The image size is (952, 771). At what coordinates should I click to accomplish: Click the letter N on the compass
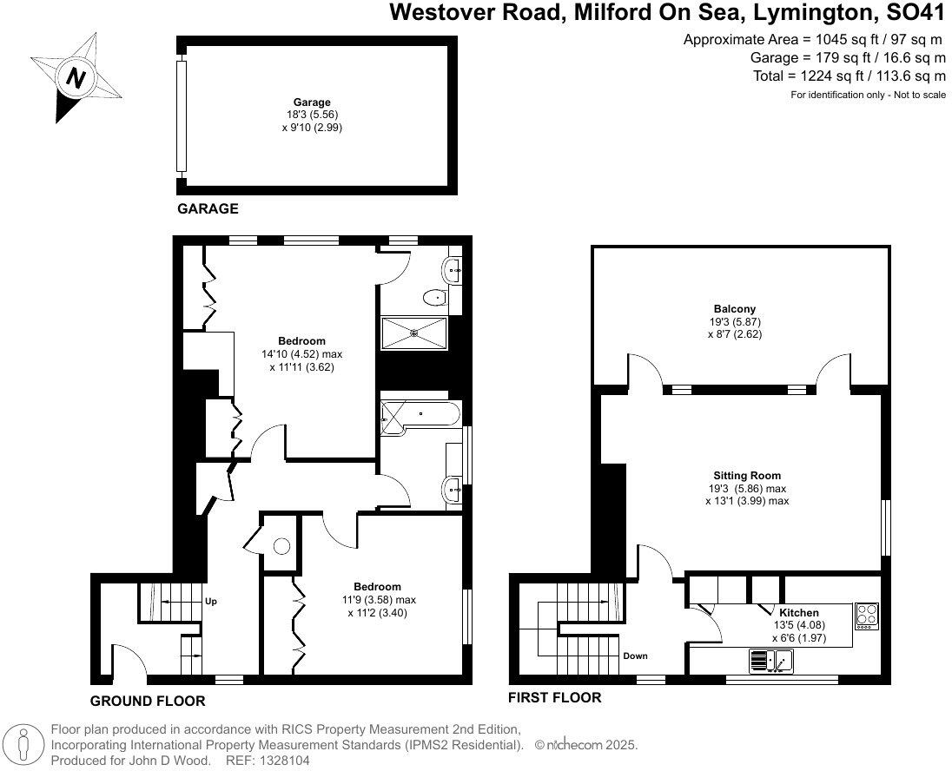pos(76,78)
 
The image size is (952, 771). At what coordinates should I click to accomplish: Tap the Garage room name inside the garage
pos(312,102)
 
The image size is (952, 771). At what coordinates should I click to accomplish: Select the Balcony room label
pos(735,309)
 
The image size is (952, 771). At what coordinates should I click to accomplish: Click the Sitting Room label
pos(747,475)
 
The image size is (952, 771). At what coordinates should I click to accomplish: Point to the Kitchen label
pos(799,613)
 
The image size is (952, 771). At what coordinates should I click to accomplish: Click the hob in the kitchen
pos(866,615)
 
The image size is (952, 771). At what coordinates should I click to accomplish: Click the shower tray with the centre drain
pos(414,333)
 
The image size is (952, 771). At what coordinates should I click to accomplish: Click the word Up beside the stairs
pos(211,602)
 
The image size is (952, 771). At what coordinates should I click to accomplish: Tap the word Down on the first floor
pos(635,656)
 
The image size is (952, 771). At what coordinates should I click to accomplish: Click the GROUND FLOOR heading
pos(148,702)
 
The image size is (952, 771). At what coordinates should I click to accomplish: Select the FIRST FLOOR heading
pos(555,697)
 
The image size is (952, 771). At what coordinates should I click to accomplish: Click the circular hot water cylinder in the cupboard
pos(281,546)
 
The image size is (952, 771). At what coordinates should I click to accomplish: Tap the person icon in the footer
pos(24,745)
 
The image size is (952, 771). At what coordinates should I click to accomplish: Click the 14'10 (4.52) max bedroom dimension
pos(301,354)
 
